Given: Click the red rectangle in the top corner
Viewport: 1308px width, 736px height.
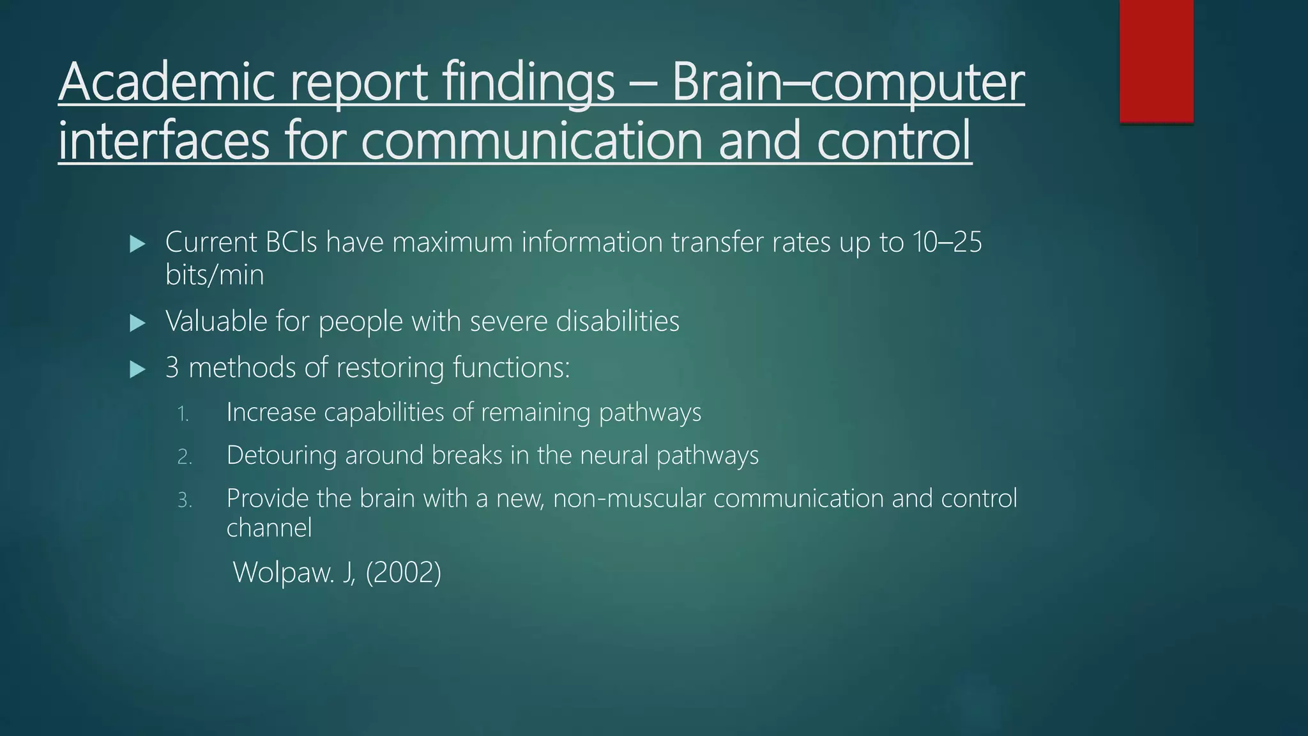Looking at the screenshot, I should tap(1156, 61).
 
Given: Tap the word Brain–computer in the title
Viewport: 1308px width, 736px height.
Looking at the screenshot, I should tap(848, 83).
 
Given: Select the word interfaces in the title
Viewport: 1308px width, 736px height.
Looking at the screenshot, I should tap(163, 141).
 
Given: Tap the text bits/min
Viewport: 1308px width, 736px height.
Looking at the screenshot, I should tap(214, 275).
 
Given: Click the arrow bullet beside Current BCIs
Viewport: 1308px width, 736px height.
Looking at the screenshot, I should tap(137, 243).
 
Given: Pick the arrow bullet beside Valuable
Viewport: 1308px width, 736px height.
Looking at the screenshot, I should tap(137, 323).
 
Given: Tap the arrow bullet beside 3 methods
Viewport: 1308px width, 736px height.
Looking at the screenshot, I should tap(137, 369).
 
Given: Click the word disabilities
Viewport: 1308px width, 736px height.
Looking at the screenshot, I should tap(618, 321).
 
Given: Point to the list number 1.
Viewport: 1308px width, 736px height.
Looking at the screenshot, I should tap(183, 414).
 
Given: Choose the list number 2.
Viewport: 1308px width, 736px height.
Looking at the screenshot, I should tap(184, 457).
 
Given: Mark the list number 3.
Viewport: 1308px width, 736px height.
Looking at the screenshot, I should tap(184, 500).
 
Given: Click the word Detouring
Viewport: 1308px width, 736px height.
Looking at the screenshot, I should tap(281, 456).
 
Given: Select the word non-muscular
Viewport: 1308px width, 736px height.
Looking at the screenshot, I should tap(629, 498).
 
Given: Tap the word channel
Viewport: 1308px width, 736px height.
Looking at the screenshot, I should tap(269, 528).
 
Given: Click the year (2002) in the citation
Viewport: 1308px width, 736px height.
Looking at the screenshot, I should tap(403, 572).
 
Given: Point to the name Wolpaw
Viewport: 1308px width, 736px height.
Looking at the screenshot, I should tap(284, 572).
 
